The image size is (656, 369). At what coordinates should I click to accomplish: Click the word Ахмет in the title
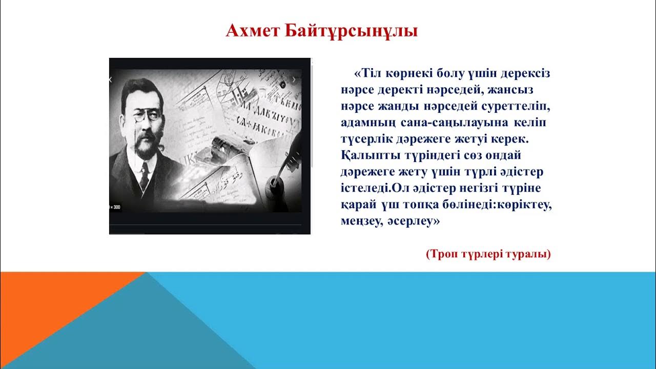tap(251, 31)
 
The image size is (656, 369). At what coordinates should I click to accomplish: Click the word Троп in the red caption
tap(440, 254)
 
